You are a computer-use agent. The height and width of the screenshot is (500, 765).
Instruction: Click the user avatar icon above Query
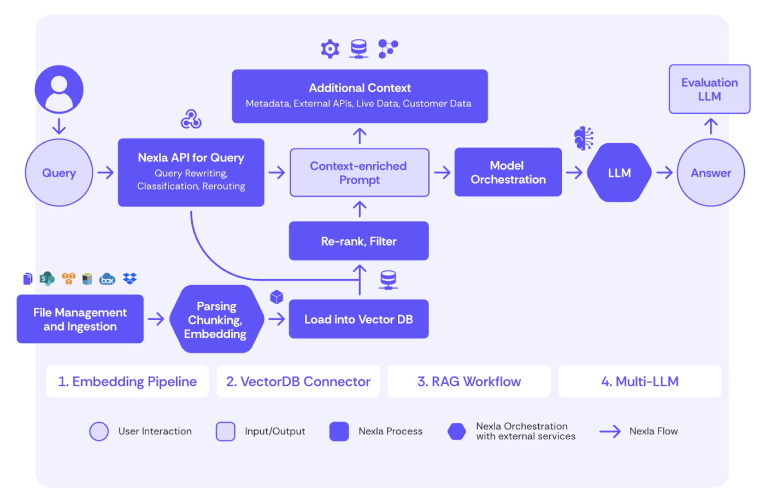coord(59,90)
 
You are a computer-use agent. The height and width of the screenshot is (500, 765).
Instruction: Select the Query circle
coord(59,173)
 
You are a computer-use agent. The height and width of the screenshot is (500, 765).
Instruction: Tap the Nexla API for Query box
coord(191,172)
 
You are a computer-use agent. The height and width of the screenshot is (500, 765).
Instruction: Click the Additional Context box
coord(360,96)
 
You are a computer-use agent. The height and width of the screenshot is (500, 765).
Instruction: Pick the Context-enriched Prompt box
coord(359,173)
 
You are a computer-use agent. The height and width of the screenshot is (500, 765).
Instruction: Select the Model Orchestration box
coord(508,172)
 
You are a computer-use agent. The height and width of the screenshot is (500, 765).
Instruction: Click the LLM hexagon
coord(619,173)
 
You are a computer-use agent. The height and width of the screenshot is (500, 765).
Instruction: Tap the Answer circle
coord(710,173)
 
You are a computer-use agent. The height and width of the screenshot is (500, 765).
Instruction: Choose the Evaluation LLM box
coord(709,89)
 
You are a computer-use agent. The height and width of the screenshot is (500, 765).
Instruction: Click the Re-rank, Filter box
coord(358,241)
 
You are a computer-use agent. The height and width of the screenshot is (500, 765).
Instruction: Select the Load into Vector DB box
coord(358,319)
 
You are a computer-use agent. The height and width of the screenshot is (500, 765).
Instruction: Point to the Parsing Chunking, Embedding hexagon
coord(216,319)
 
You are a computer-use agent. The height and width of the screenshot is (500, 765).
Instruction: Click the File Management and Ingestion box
coord(80,319)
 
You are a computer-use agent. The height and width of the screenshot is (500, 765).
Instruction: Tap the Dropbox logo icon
coord(130,279)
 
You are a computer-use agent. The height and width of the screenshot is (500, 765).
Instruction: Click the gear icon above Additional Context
coord(330,49)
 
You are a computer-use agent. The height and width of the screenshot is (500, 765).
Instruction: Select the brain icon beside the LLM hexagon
coord(584,138)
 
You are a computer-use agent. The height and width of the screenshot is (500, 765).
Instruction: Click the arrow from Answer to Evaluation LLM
coord(710,126)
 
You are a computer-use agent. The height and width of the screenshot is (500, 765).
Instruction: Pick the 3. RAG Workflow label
coord(469,381)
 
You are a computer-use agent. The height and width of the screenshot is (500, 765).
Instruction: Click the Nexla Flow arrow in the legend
coord(610,431)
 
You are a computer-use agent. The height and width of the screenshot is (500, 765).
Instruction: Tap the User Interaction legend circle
coord(99,431)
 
